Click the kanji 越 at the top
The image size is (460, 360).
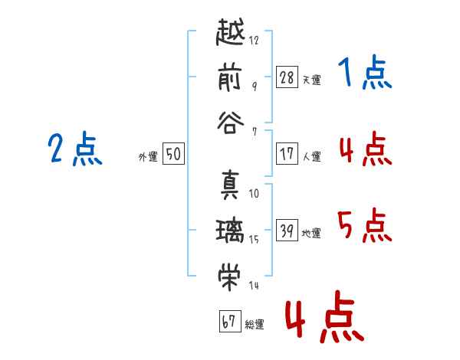click(231, 34)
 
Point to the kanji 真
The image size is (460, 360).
click(231, 186)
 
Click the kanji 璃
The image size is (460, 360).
click(231, 230)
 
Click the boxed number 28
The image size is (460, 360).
click(287, 77)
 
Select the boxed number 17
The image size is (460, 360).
click(287, 153)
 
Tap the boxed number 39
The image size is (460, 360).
click(287, 230)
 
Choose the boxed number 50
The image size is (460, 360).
click(173, 154)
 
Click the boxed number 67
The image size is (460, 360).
click(228, 321)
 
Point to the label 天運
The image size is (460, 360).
click(311, 80)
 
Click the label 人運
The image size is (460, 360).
click(311, 156)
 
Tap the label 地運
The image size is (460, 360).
click(311, 233)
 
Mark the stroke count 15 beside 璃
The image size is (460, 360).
click(254, 239)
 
